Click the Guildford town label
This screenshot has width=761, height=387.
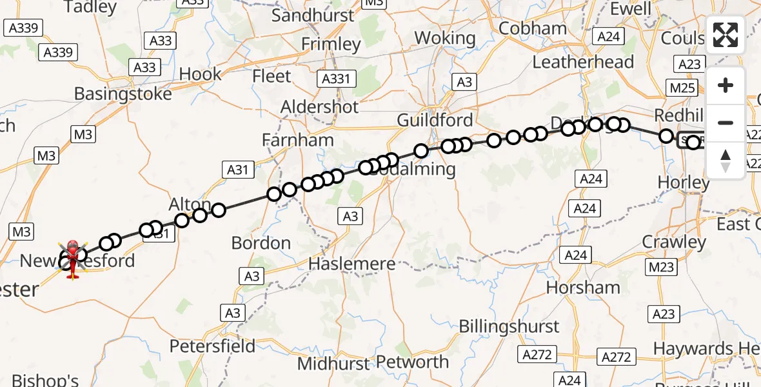click(x=435, y=120)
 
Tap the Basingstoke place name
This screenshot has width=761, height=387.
click(x=123, y=94)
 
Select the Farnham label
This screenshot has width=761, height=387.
click(x=299, y=140)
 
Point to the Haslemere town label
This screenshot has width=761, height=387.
click(x=352, y=263)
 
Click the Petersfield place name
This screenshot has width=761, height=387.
click(x=213, y=346)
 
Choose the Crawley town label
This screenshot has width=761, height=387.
click(x=674, y=242)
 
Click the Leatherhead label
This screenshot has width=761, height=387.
click(x=583, y=63)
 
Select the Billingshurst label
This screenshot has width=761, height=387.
click(x=509, y=326)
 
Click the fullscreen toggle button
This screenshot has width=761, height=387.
click(x=726, y=35)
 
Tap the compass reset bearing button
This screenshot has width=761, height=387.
click(x=726, y=161)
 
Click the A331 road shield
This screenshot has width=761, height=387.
click(x=335, y=79)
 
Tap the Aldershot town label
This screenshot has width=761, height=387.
click(x=320, y=106)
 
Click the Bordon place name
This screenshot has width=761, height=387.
click(x=261, y=243)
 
